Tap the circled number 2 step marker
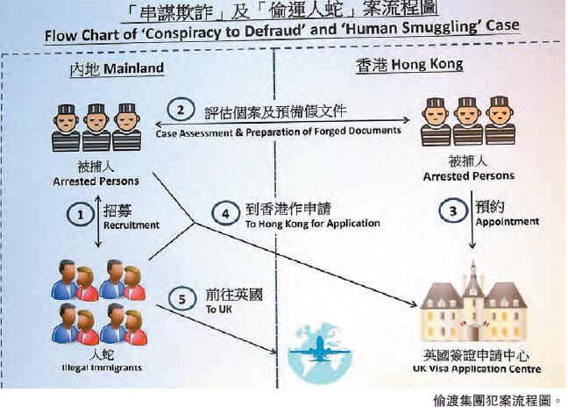point(181,111)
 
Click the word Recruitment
point(124,225)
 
